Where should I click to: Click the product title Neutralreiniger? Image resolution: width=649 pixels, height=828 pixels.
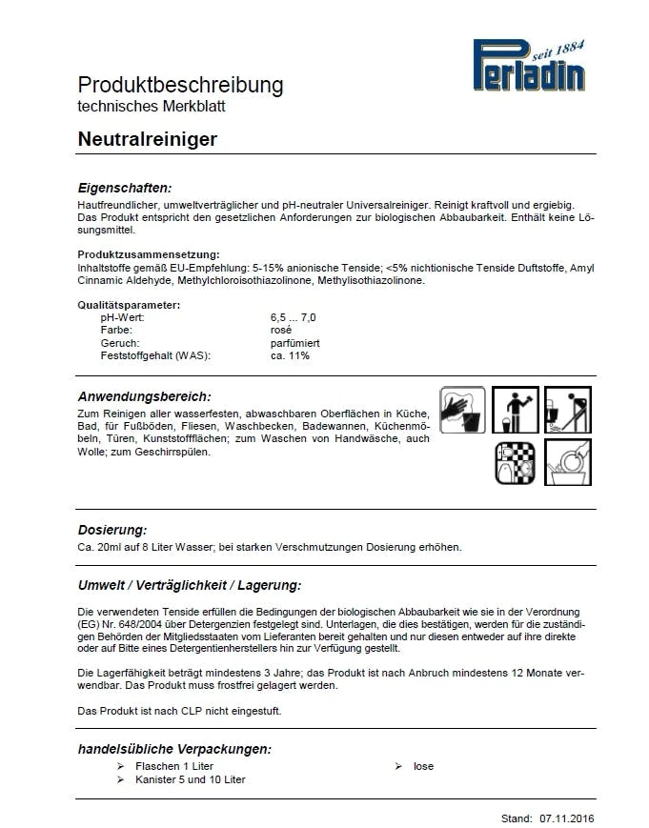tap(148, 139)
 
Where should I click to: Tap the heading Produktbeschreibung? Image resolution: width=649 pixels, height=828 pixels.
tap(180, 85)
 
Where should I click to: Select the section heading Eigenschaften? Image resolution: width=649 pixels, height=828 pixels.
tap(125, 188)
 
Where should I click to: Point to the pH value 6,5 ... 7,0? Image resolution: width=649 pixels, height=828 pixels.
tap(294, 316)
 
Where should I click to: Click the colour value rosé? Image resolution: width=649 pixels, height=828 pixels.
tap(281, 330)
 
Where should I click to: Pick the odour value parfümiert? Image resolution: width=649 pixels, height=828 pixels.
tap(295, 342)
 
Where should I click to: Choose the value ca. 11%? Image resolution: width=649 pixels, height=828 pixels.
tap(290, 355)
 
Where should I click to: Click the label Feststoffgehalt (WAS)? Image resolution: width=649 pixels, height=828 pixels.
tap(154, 355)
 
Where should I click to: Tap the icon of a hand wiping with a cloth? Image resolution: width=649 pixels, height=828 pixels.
tap(463, 410)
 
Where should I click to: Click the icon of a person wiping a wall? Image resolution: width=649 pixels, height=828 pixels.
tap(516, 410)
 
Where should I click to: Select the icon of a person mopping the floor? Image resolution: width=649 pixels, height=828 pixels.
tap(568, 410)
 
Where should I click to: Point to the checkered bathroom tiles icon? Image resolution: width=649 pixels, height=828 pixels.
tap(516, 463)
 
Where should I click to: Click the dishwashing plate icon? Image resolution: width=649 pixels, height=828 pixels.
tap(568, 463)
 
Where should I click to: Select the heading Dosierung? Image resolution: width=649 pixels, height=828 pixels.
tap(112, 529)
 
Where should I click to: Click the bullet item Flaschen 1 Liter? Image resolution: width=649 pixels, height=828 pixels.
tap(174, 766)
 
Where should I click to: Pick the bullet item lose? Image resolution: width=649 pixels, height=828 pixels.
tap(423, 766)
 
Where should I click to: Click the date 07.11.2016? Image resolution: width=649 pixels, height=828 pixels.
tap(566, 818)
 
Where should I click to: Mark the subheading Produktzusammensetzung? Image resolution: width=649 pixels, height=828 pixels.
tap(149, 254)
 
